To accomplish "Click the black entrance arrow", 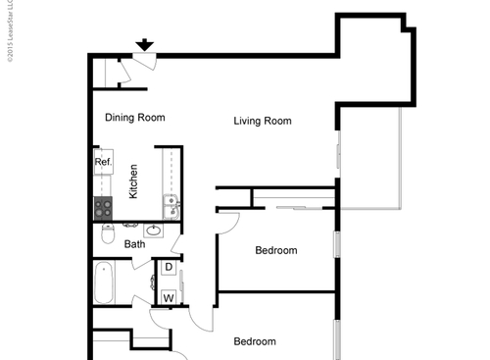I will coord(144,44).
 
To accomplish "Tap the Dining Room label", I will coord(134,118).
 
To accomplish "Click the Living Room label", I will coord(263,122).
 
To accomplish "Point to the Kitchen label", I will coord(133,181).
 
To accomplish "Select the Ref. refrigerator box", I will coord(103,162).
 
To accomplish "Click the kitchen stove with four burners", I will coord(104,207).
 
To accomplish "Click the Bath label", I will coord(134,244).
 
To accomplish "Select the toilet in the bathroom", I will coord(106,235).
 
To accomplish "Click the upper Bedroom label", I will coord(275,250).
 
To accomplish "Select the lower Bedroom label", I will coord(254,341).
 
